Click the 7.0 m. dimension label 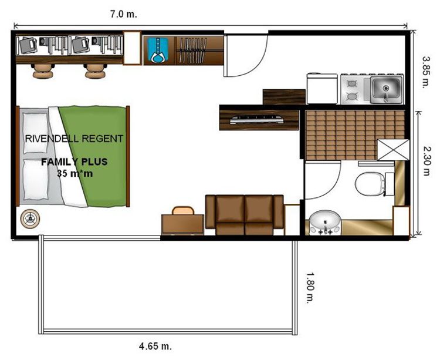(x=123, y=14)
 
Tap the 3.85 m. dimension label (x=427, y=72)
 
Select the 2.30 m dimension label (x=427, y=161)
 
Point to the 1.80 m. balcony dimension (x=310, y=287)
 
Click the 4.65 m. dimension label (x=155, y=346)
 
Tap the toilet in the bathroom (x=371, y=184)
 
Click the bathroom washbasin (x=325, y=223)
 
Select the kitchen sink (x=386, y=89)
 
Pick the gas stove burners (x=352, y=90)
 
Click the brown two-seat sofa (x=245, y=214)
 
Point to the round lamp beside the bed (x=30, y=218)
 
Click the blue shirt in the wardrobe (x=157, y=50)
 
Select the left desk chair (x=43, y=70)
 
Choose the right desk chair (x=95, y=70)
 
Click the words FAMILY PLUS (x=75, y=162)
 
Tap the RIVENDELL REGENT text (x=74, y=139)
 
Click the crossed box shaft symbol (x=393, y=150)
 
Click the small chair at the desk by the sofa (x=183, y=211)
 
